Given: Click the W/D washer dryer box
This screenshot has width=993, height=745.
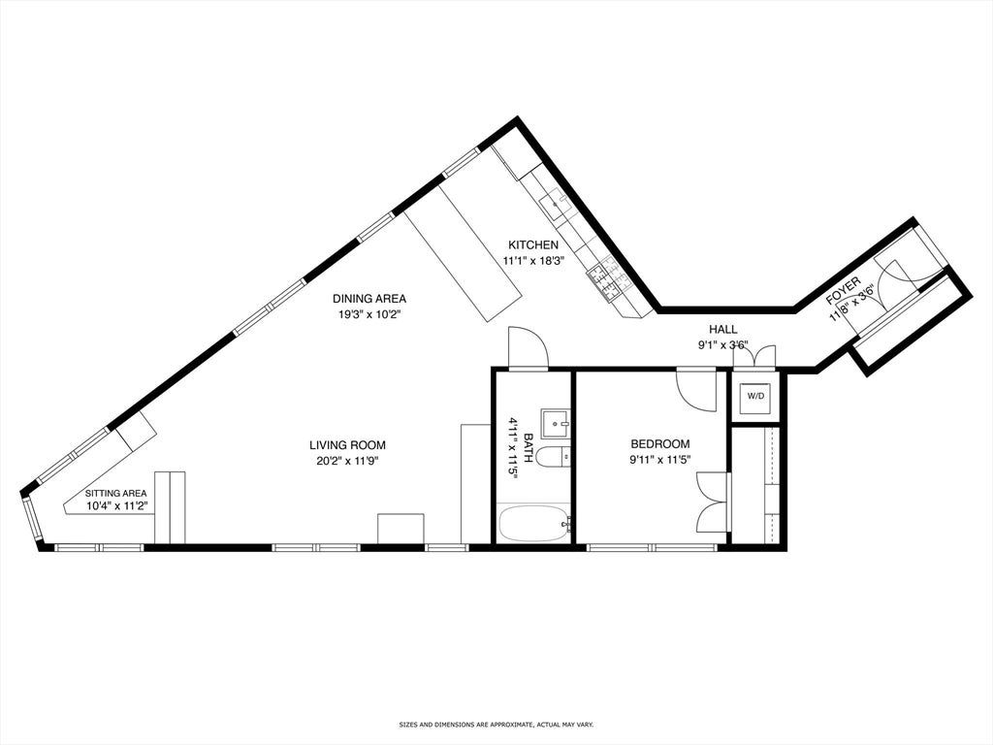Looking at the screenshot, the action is point(755,397).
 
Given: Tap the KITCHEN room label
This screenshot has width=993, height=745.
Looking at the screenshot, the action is point(533,245).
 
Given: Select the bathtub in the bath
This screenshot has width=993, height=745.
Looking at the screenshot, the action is point(535,523).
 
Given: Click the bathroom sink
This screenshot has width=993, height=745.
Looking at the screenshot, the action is point(556,422).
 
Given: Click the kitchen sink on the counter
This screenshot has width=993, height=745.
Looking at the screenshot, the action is point(559,204).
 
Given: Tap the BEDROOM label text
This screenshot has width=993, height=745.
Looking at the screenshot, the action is point(659,444).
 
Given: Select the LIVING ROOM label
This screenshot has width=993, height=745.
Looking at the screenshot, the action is point(347,445).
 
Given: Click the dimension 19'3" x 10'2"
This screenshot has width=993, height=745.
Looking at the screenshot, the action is point(369,313).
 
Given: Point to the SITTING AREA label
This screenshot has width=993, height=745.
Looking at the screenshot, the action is point(116,494).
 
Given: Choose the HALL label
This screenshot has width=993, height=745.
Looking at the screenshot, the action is point(722,330).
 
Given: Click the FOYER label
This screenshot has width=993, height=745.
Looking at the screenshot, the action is point(844,291).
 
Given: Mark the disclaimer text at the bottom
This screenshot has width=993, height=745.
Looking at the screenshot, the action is point(496,724).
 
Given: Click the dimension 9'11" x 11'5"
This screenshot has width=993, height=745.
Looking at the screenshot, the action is point(659,459).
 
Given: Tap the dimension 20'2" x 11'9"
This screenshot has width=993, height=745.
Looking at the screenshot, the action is point(347,461).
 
